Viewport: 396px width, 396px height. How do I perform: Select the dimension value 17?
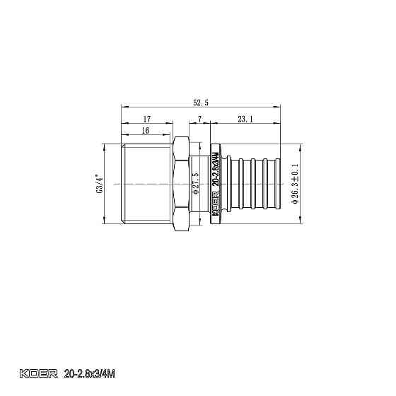tap(146, 119)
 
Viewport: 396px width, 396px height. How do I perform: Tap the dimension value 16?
tap(145, 131)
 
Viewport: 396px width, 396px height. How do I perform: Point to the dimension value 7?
tap(200, 119)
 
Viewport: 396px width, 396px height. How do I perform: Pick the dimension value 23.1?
tap(246, 119)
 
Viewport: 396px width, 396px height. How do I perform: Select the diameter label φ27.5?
tap(196, 184)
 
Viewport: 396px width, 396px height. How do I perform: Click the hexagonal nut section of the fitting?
tap(180, 184)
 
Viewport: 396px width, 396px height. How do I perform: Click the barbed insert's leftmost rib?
tap(240, 184)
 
